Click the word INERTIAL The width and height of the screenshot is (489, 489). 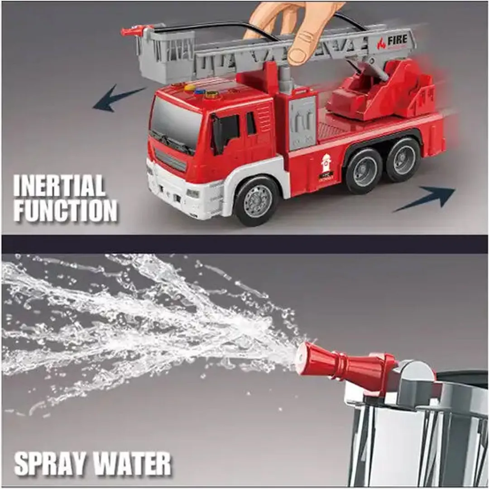pos(59,186)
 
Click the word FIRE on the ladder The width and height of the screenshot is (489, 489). pos(398,40)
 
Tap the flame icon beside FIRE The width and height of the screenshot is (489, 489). pos(382,43)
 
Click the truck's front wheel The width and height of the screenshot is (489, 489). pos(257,201)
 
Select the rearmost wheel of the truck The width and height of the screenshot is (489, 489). pos(403,160)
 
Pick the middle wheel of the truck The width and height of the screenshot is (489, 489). pos(364,170)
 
